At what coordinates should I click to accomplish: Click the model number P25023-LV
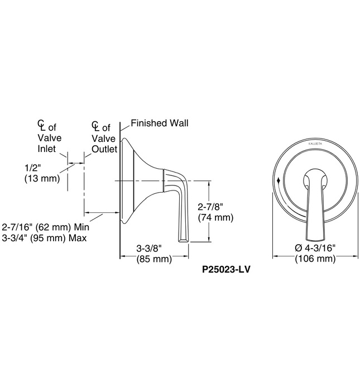pyautogui.click(x=225, y=269)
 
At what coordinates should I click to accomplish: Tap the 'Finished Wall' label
pyautogui.click(x=160, y=123)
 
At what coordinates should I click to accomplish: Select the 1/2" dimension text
pyautogui.click(x=33, y=168)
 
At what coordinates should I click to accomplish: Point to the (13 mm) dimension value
pyautogui.click(x=42, y=179)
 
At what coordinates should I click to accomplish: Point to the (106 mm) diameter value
pyautogui.click(x=315, y=259)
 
